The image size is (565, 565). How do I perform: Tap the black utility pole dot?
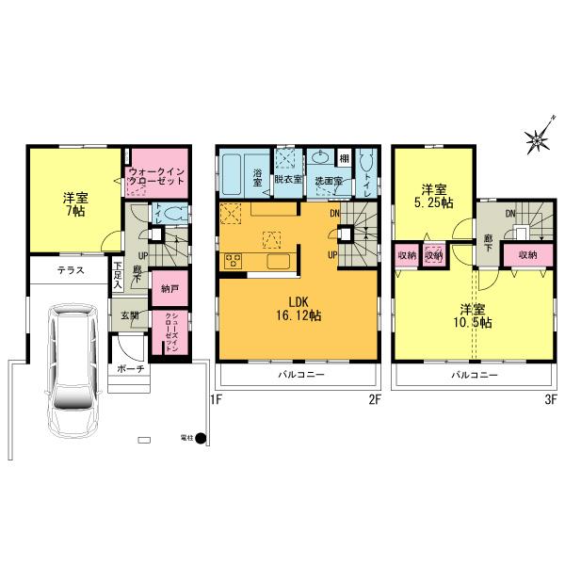[x=200, y=438]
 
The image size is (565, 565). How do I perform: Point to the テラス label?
[x=70, y=270]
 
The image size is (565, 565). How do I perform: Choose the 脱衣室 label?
[x=287, y=179]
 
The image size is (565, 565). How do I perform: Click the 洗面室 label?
[x=327, y=179]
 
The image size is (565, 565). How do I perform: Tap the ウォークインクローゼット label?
[x=158, y=175]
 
